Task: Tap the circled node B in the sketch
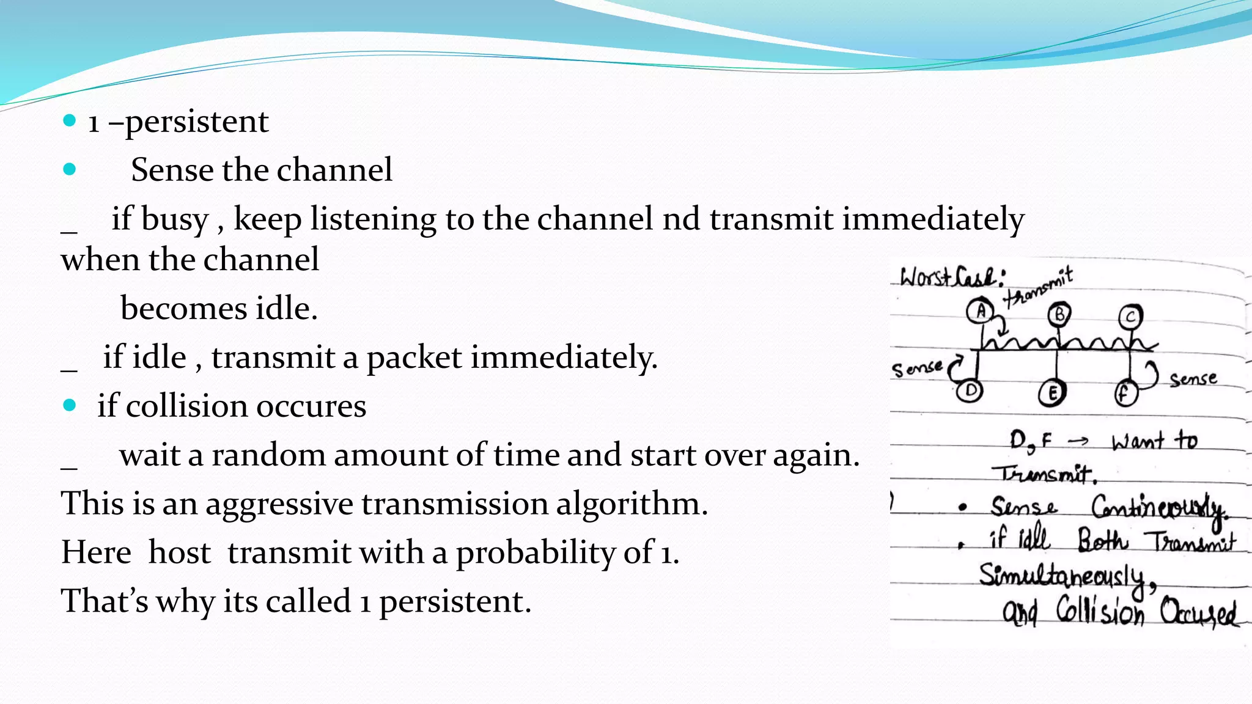(x=1059, y=315)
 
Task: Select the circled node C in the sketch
(x=1130, y=317)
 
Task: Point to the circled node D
(x=970, y=390)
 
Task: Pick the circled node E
(x=1051, y=393)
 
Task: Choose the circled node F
(x=1124, y=393)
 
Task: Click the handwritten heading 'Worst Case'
(x=951, y=278)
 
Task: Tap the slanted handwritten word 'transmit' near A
(x=1039, y=287)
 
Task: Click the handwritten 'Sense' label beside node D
(x=916, y=369)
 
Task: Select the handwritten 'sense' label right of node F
(x=1193, y=379)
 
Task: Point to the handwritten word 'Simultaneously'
(x=1061, y=576)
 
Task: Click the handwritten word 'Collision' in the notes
(x=1100, y=610)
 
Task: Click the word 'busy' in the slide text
(x=175, y=219)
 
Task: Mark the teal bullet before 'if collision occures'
(x=70, y=405)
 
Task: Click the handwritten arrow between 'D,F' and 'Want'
(x=1078, y=441)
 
